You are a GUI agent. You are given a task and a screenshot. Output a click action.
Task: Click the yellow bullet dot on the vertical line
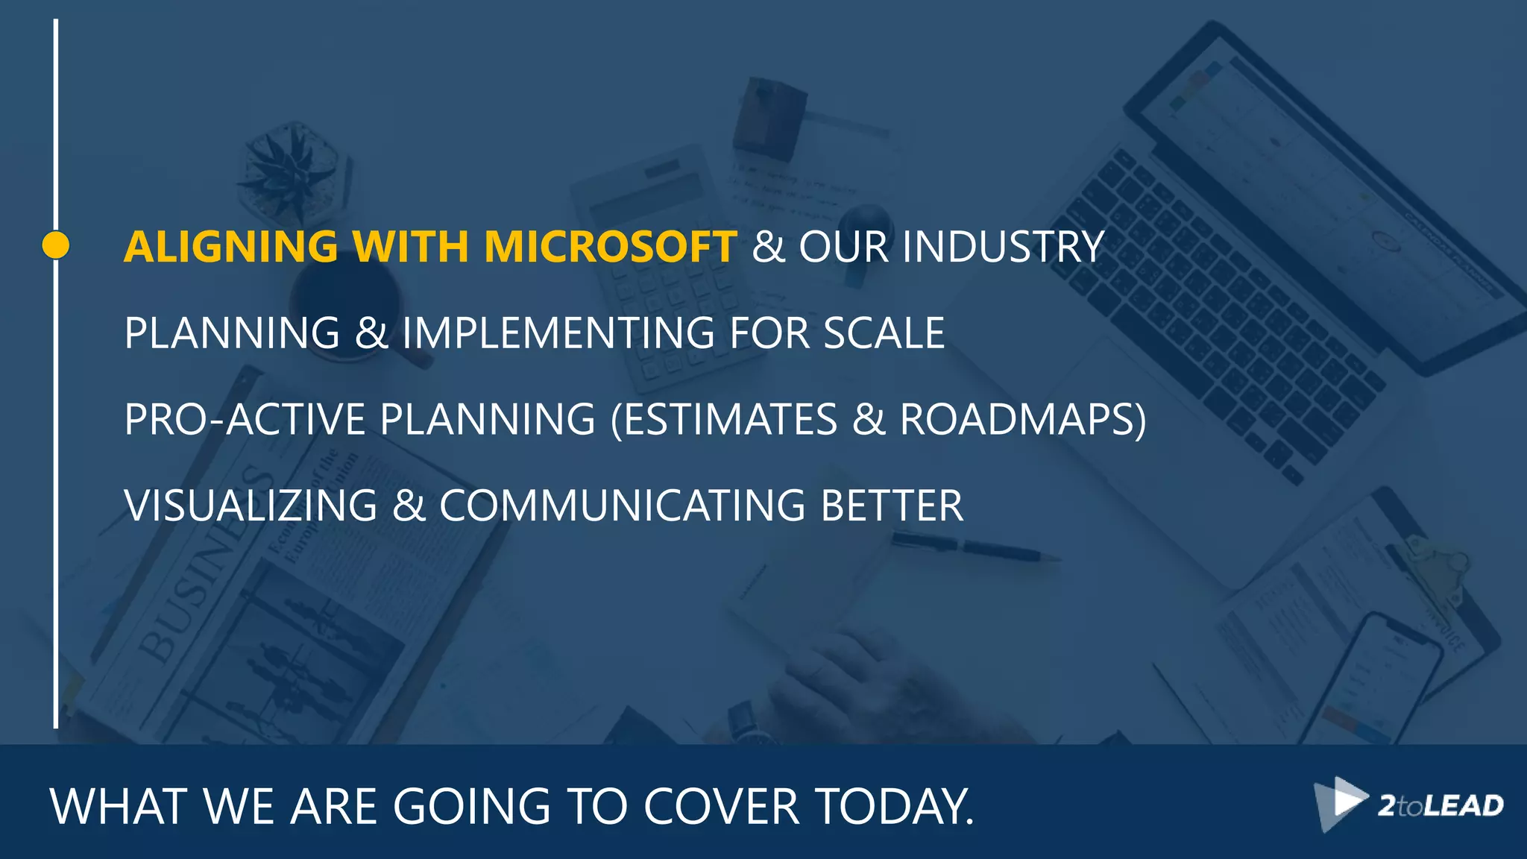(x=56, y=245)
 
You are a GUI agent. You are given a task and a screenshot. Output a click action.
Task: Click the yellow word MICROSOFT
(x=611, y=247)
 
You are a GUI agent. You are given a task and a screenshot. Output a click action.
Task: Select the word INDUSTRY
(x=1003, y=247)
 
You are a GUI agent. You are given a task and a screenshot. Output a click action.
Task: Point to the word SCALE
(x=884, y=333)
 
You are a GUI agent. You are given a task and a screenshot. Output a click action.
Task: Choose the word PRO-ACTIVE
(x=245, y=419)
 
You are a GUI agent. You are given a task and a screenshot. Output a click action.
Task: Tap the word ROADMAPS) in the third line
(x=1022, y=419)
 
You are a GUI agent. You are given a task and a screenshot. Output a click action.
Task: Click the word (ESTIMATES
(x=723, y=419)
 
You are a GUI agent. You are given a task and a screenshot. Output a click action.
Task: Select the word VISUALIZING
(x=251, y=506)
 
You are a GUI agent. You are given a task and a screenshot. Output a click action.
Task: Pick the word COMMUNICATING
(x=622, y=506)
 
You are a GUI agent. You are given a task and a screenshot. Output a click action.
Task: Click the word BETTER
(x=892, y=506)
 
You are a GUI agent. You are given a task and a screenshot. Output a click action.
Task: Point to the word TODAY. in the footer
(x=894, y=807)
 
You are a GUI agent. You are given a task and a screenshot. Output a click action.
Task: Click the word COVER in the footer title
(x=721, y=807)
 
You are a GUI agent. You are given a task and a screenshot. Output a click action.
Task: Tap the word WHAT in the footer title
(x=119, y=807)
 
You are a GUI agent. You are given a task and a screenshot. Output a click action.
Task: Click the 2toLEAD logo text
(x=1440, y=806)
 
